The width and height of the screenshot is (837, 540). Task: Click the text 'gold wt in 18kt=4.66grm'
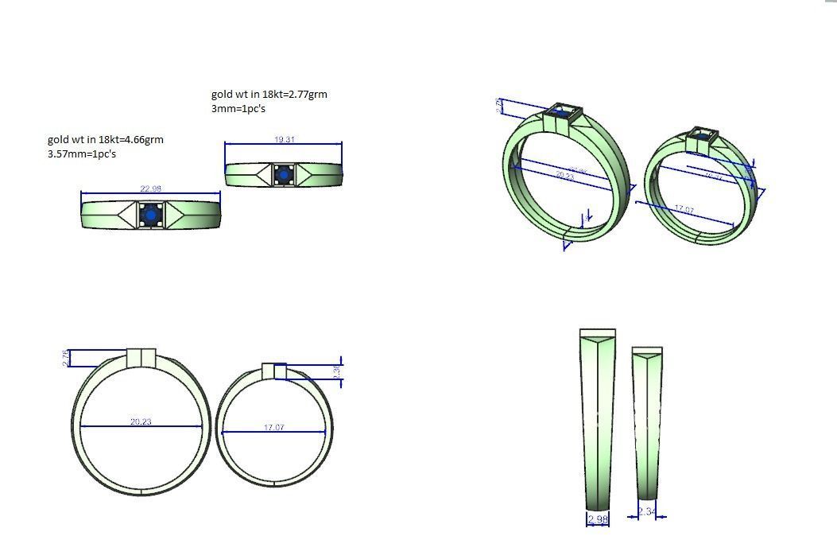pyautogui.click(x=106, y=140)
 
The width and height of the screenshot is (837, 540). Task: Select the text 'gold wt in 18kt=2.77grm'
pyautogui.click(x=269, y=94)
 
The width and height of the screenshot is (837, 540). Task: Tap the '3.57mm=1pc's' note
pyautogui.click(x=82, y=153)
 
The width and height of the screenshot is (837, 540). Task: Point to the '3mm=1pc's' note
pyautogui.click(x=238, y=108)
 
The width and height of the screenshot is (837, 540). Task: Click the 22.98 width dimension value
pyautogui.click(x=151, y=188)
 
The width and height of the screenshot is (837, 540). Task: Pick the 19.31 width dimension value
pyautogui.click(x=285, y=140)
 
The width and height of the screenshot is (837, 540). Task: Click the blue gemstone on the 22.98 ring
pyautogui.click(x=150, y=215)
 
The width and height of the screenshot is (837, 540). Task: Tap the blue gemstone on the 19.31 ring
pyautogui.click(x=284, y=174)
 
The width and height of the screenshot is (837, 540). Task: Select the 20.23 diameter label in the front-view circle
pyautogui.click(x=141, y=422)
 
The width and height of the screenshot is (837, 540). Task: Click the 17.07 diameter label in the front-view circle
pyautogui.click(x=273, y=428)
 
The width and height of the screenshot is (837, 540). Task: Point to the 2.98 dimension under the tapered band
pyautogui.click(x=597, y=520)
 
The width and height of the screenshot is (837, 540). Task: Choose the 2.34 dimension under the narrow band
pyautogui.click(x=647, y=512)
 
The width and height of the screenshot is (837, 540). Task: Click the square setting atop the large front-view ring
pyautogui.click(x=141, y=358)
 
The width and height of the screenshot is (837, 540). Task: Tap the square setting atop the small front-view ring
pyautogui.click(x=274, y=371)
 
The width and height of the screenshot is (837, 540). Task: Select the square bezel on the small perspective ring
pyautogui.click(x=700, y=135)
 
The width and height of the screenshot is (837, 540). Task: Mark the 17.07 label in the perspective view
pyautogui.click(x=684, y=209)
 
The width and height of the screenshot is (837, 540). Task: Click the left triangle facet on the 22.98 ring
pyautogui.click(x=129, y=215)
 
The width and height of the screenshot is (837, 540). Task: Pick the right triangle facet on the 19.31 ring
pyautogui.click(x=307, y=173)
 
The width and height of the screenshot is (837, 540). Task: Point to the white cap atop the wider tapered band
pyautogui.click(x=598, y=332)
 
